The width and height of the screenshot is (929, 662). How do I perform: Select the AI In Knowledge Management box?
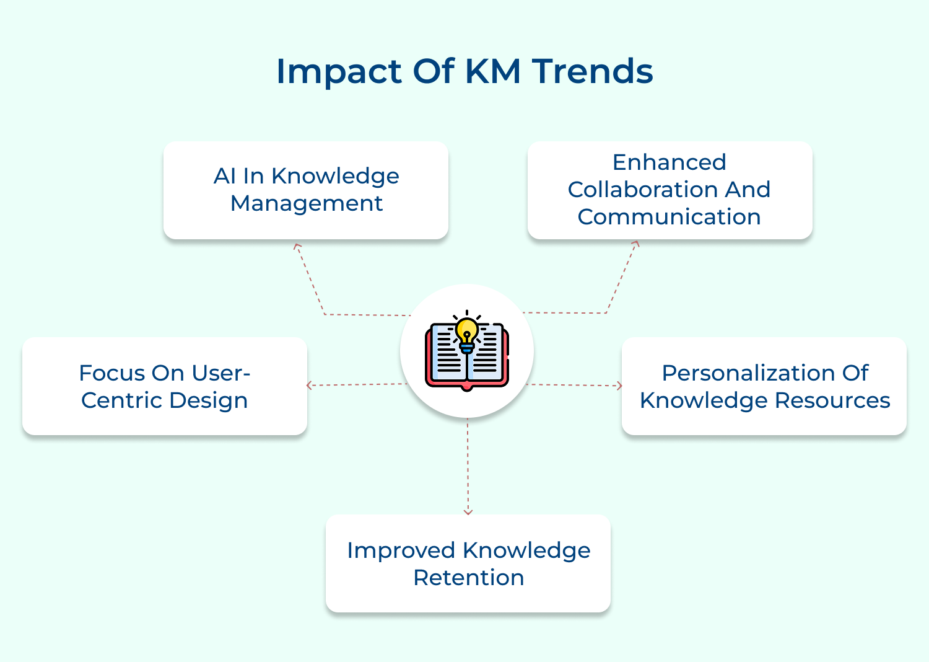(306, 190)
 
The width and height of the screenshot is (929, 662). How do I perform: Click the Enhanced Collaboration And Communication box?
(669, 190)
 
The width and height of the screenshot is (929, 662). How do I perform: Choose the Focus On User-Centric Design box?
(165, 386)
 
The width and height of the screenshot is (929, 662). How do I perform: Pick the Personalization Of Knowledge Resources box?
(764, 386)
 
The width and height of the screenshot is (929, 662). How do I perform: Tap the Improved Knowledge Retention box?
(468, 563)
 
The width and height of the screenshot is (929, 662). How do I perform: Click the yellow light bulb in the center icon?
(467, 331)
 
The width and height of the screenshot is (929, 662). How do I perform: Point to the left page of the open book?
(448, 353)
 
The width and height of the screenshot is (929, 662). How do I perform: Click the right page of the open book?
(486, 353)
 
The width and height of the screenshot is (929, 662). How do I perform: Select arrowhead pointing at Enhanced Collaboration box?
(636, 244)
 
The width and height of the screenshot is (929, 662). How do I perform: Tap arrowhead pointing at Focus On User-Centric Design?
(309, 386)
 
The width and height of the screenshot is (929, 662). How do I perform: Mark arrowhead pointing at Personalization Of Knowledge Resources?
(619, 386)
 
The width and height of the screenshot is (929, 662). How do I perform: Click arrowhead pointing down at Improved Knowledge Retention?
(468, 512)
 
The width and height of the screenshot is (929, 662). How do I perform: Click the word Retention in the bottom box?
(468, 578)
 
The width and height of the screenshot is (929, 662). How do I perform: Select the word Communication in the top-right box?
(669, 217)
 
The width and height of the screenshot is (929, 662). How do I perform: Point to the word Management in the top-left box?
(307, 203)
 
